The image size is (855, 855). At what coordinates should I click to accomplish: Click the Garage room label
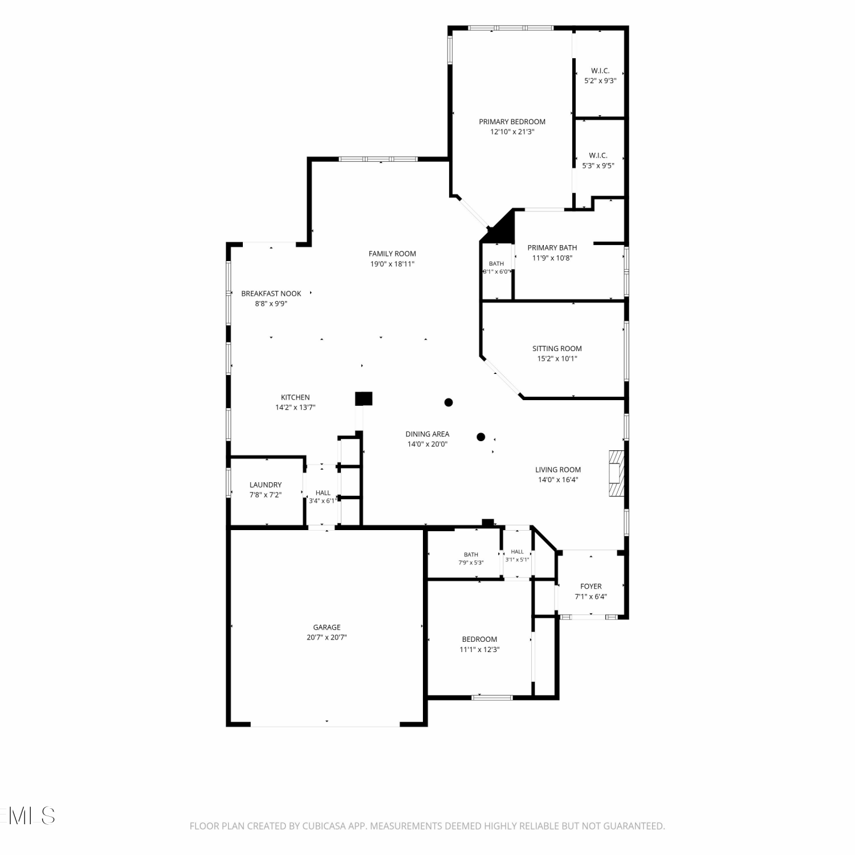[327, 627]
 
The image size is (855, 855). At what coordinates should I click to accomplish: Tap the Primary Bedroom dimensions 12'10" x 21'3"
[512, 132]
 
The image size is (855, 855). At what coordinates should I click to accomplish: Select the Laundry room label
[266, 484]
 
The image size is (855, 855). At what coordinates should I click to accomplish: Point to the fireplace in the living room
[617, 474]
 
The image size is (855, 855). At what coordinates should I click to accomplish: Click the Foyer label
[591, 586]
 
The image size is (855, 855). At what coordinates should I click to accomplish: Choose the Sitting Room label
[557, 348]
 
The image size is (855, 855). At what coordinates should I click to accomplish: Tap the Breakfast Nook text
[271, 294]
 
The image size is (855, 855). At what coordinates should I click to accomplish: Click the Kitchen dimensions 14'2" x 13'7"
[295, 408]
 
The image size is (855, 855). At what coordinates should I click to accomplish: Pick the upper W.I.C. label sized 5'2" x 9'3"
[600, 71]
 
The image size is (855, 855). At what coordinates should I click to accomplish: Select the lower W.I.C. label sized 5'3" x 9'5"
[598, 155]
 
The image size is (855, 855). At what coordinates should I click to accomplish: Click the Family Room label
[392, 254]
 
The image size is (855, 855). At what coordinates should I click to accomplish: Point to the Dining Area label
[427, 434]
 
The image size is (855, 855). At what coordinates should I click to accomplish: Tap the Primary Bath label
[552, 247]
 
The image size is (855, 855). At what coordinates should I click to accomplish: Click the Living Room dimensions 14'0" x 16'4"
[558, 480]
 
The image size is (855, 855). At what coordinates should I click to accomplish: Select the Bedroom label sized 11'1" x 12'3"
[479, 639]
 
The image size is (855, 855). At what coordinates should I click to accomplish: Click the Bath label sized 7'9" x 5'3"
[471, 555]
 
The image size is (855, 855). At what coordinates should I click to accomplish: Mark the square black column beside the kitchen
[364, 398]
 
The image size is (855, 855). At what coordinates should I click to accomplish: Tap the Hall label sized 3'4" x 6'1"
[323, 493]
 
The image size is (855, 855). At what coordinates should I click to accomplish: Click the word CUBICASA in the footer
[324, 826]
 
